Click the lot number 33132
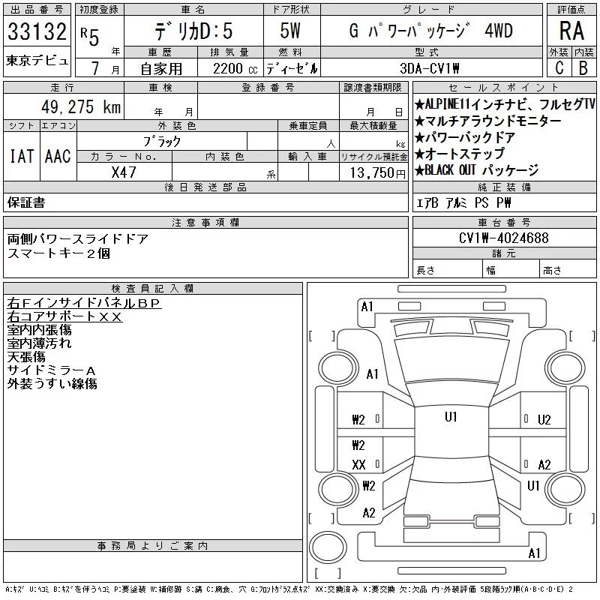click(37, 31)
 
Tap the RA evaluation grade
click(571, 31)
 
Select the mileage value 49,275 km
click(81, 106)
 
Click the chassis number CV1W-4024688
click(503, 238)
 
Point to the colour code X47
click(124, 172)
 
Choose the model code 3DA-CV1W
click(429, 68)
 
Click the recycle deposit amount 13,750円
click(378, 173)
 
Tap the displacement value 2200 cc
click(235, 69)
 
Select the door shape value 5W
click(290, 31)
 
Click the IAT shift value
click(22, 156)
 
